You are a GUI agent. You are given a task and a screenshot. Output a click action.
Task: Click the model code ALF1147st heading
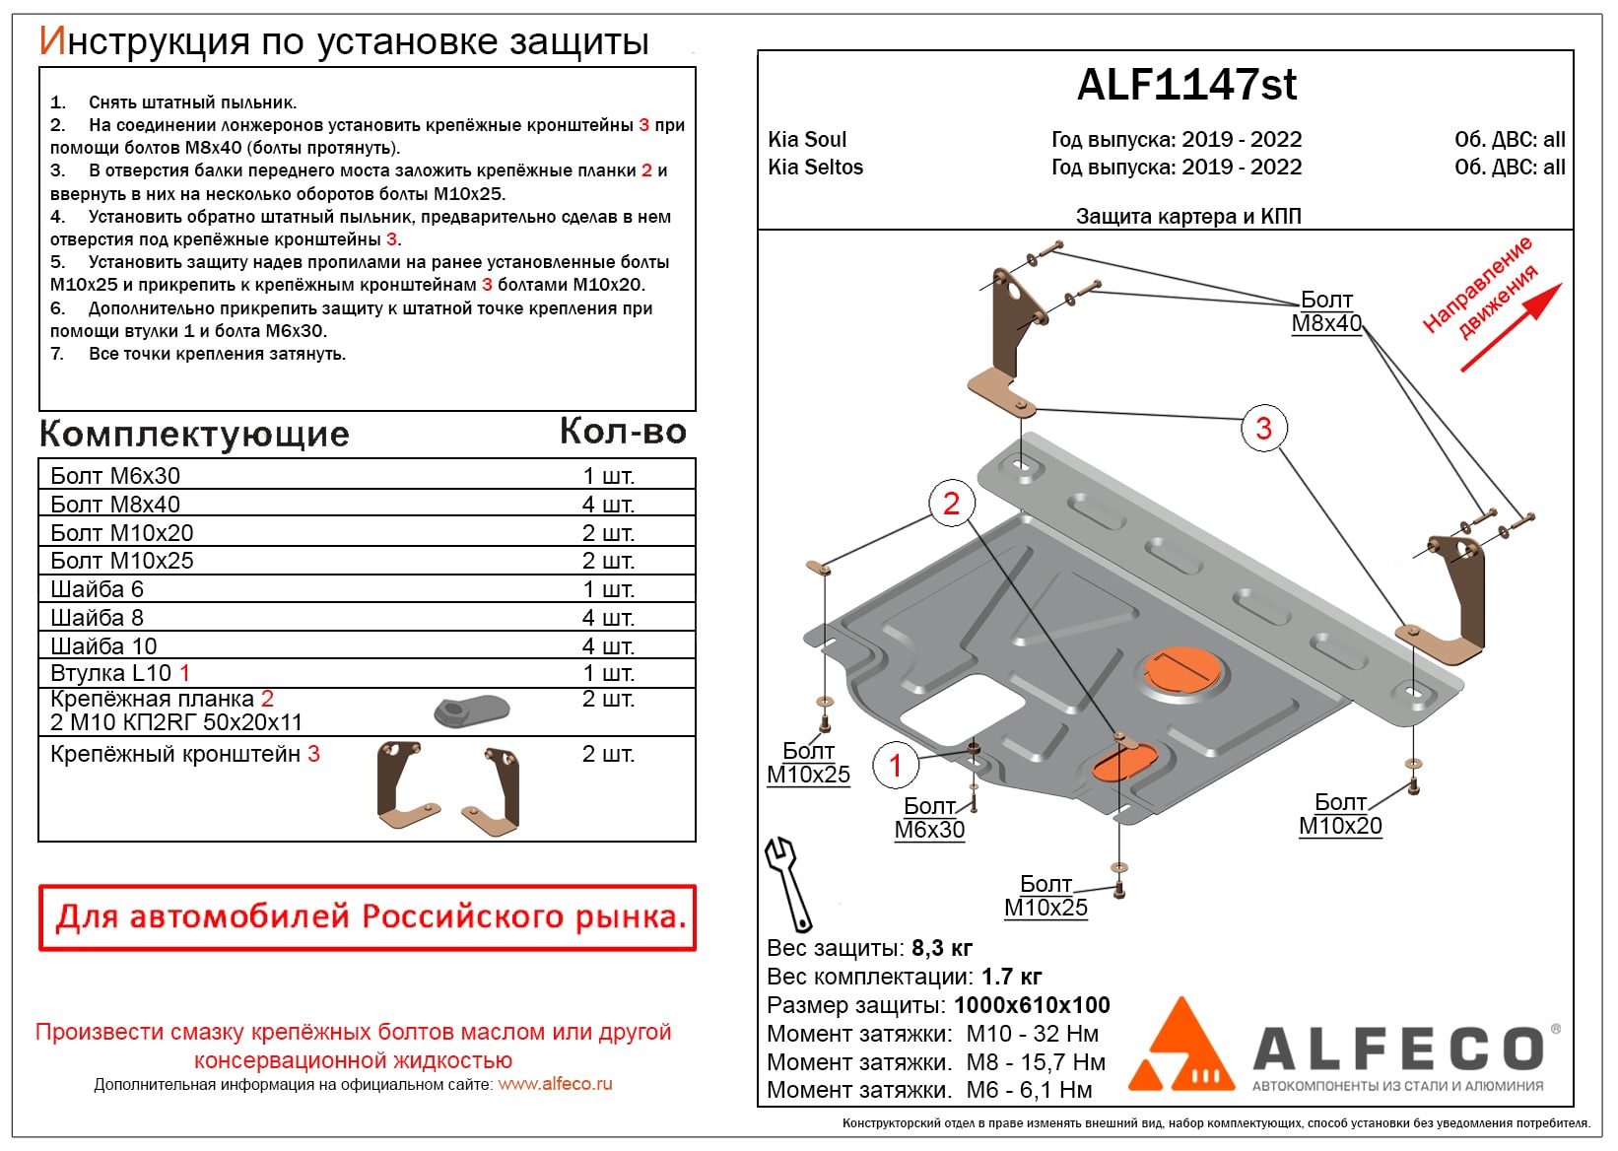(1186, 86)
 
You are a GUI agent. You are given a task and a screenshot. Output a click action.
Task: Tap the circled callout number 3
(1263, 429)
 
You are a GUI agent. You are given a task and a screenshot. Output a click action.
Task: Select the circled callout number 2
(951, 504)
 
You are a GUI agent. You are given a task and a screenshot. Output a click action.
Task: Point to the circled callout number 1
(895, 766)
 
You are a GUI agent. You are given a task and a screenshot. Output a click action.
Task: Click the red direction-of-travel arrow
(1511, 327)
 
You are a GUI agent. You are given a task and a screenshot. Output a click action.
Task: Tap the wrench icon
(788, 882)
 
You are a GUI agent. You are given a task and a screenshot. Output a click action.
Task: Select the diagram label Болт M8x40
(1326, 311)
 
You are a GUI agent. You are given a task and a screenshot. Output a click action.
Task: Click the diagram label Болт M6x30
(929, 818)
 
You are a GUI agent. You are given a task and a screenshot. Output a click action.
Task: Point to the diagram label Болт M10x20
(1340, 814)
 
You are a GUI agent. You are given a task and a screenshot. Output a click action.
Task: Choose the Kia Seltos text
(815, 168)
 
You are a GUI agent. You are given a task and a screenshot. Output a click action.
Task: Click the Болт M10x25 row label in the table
(122, 561)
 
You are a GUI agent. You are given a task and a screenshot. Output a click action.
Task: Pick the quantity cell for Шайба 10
(608, 646)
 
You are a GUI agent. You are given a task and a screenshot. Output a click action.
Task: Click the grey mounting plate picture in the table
(472, 709)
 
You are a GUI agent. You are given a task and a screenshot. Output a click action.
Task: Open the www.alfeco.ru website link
(555, 1084)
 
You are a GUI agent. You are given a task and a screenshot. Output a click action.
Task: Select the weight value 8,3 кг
(941, 948)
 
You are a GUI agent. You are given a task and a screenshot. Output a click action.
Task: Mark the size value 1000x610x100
(1032, 1005)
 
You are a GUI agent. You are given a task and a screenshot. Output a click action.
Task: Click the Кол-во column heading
(623, 432)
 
